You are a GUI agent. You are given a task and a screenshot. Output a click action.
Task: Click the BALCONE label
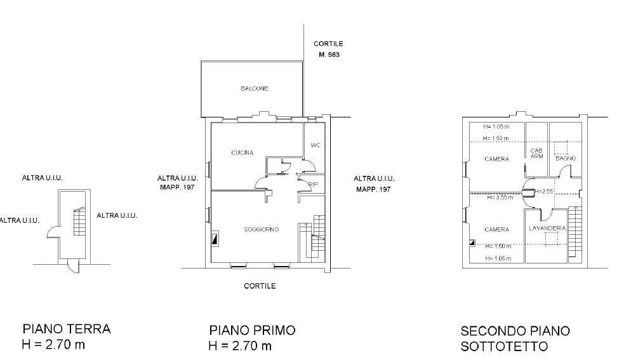pyautogui.click(x=255, y=88)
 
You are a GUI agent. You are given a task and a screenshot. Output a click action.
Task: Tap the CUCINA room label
pyautogui.click(x=242, y=152)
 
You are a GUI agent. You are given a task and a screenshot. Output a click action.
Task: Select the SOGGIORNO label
pyautogui.click(x=261, y=229)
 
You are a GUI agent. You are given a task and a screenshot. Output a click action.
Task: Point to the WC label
pyautogui.click(x=316, y=145)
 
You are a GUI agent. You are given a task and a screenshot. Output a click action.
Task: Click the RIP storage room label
pyautogui.click(x=314, y=184)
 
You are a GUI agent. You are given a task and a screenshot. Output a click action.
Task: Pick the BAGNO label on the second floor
pyautogui.click(x=566, y=158)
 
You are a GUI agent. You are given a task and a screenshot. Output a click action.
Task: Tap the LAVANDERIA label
pyautogui.click(x=547, y=228)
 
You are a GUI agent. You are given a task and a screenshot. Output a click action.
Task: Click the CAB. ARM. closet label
pyautogui.click(x=537, y=154)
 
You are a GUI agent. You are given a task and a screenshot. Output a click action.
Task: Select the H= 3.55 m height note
pyautogui.click(x=500, y=197)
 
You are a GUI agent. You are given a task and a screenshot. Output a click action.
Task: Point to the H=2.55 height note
pyautogui.click(x=543, y=191)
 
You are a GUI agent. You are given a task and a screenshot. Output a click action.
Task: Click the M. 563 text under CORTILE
pyautogui.click(x=329, y=55)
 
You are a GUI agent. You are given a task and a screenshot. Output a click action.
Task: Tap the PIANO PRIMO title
pyautogui.click(x=252, y=330)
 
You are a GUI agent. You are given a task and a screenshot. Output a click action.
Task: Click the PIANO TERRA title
pyautogui.click(x=67, y=329)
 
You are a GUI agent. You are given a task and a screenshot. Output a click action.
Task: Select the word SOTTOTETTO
pyautogui.click(x=504, y=347)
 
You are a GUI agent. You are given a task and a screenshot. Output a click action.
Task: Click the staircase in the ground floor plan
pyautogui.click(x=79, y=222)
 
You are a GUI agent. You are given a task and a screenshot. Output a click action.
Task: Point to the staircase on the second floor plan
pyautogui.click(x=575, y=232)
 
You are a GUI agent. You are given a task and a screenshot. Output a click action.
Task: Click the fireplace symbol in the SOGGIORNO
pyautogui.click(x=215, y=239)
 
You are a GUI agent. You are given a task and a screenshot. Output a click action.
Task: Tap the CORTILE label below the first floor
pyautogui.click(x=260, y=286)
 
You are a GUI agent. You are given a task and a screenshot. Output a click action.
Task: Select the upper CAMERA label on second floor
pyautogui.click(x=497, y=159)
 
